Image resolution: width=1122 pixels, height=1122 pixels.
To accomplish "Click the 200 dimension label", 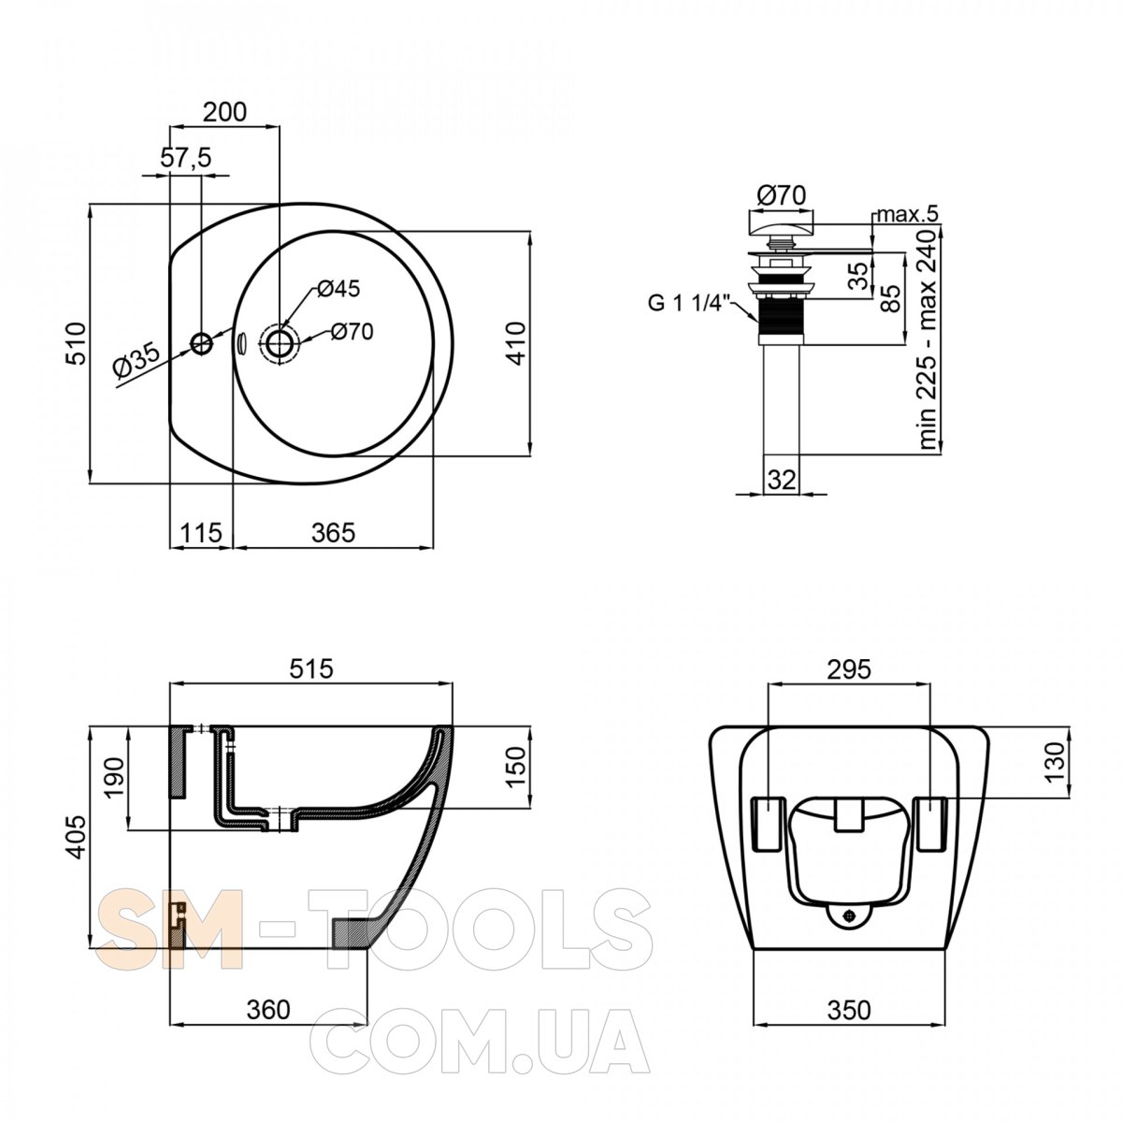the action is (224, 111).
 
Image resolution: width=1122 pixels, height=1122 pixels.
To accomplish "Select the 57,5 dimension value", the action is (186, 158).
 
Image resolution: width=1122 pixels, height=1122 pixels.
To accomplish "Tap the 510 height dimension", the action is (77, 343).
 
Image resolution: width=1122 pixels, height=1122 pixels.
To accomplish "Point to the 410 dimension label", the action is (516, 343).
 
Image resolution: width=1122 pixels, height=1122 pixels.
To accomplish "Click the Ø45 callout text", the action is (338, 288).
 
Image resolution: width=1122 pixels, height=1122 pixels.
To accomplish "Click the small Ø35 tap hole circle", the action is (202, 343).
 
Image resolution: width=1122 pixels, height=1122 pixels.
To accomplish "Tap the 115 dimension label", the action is (201, 532).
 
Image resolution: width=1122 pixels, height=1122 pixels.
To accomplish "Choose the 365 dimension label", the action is (333, 532).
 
